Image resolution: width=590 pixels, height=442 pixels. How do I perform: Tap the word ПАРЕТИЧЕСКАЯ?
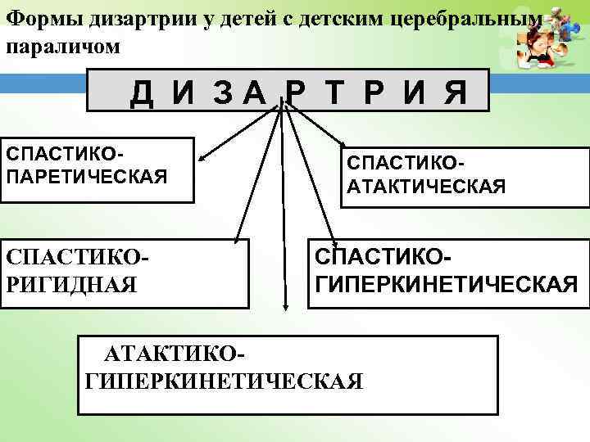pyautogui.click(x=86, y=176)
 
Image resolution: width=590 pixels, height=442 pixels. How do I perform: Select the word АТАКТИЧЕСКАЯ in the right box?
pyautogui.click(x=426, y=189)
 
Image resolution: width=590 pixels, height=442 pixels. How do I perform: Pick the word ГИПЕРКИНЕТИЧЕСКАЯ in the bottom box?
pyautogui.click(x=223, y=381)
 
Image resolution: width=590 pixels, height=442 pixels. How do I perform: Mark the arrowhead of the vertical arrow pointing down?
pyautogui.click(x=284, y=309)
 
